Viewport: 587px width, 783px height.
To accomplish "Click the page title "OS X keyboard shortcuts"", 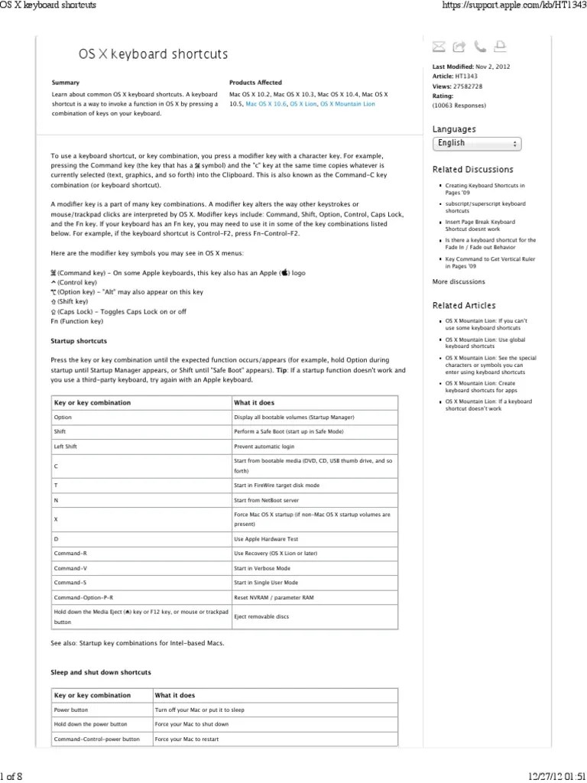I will click(154, 54).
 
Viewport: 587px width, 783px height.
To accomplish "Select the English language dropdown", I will click(478, 143).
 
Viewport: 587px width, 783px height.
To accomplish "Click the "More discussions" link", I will click(459, 282).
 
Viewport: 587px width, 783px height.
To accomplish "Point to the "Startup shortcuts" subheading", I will click(79, 340).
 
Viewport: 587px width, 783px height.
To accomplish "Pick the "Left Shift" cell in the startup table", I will click(67, 446).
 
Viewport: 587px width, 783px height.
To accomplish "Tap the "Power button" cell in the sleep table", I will click(71, 710).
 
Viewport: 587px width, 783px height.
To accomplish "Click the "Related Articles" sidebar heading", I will click(464, 306).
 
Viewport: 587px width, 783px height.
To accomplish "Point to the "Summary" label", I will click(65, 82).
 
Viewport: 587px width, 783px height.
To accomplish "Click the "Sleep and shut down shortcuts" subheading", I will click(100, 672).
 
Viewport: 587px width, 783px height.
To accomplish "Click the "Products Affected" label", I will click(255, 82).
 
